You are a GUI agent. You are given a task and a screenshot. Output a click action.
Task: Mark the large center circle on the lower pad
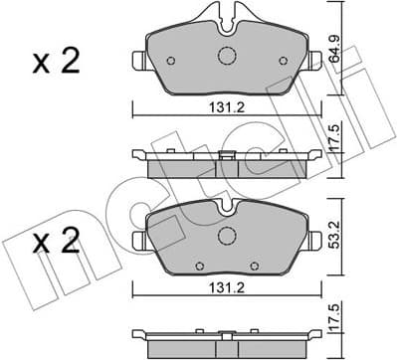(x=226, y=237)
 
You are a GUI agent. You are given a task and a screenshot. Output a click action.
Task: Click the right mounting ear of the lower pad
(x=315, y=240)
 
